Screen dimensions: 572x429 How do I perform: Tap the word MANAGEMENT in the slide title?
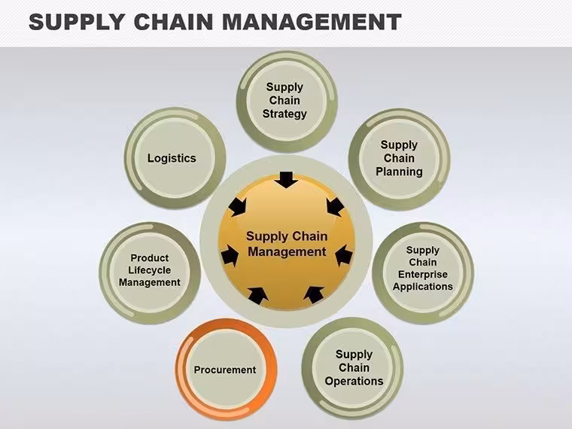pos(312,22)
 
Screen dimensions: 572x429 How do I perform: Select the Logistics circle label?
pos(172,158)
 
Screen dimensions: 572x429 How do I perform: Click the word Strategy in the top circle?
pos(284,114)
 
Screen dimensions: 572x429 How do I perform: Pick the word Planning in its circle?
pos(399,172)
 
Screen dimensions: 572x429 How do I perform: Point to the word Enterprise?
pos(423,274)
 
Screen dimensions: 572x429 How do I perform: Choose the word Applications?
pos(423,287)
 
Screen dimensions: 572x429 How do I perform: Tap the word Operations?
pos(354,381)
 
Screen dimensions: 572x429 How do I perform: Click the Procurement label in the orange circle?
pos(225,370)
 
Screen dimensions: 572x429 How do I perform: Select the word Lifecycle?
pos(150,270)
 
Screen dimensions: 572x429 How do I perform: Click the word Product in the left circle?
pos(150,258)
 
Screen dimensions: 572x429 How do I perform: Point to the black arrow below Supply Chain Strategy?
pos(286,179)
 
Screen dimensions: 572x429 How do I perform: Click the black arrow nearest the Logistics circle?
pos(238,207)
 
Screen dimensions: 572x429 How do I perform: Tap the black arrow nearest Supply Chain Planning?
pos(335,207)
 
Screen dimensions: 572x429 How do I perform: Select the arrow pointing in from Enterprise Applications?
pos(343,255)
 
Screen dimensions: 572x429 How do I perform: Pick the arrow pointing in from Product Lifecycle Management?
pos(230,255)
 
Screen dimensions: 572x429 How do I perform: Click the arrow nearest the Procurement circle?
pos(258,296)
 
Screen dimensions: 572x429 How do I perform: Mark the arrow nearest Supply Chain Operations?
pos(314,295)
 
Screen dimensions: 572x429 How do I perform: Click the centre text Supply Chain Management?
pos(287,244)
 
